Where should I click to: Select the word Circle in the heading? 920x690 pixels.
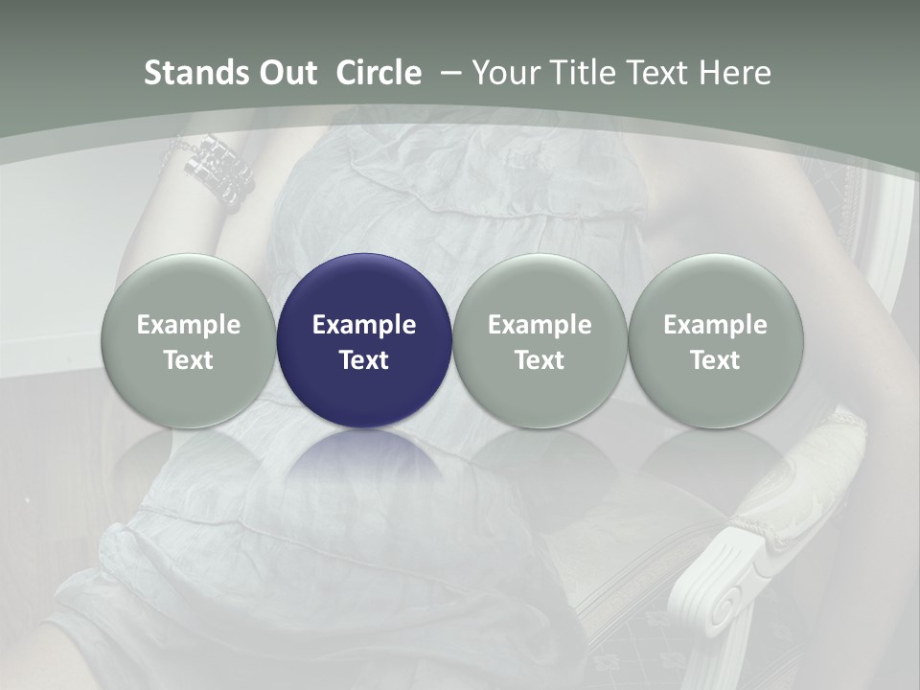[x=379, y=73]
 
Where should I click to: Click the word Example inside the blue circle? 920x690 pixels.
[x=364, y=325]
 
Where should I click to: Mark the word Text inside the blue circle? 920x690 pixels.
[x=364, y=360]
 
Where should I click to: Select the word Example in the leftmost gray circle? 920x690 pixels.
[x=188, y=325]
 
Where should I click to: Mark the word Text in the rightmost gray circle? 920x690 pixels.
[x=715, y=360]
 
